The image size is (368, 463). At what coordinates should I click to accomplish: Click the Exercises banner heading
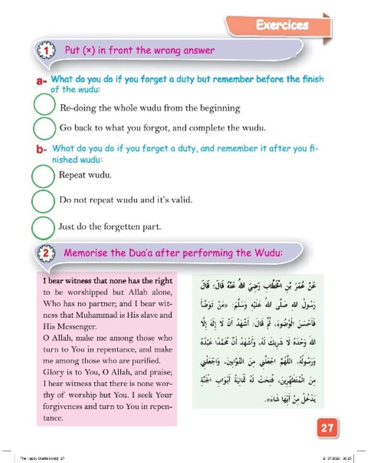tap(281, 25)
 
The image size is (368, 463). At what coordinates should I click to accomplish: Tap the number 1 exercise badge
tap(46, 50)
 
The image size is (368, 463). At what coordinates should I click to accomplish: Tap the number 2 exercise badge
tap(46, 253)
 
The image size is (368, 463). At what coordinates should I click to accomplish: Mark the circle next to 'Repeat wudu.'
tap(45, 176)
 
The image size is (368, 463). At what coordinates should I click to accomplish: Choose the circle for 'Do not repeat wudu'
tap(45, 201)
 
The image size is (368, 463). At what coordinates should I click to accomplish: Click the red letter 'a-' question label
tap(42, 82)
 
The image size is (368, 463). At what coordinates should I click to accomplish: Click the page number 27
tap(327, 427)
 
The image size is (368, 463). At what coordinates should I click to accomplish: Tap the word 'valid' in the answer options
tap(181, 200)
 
